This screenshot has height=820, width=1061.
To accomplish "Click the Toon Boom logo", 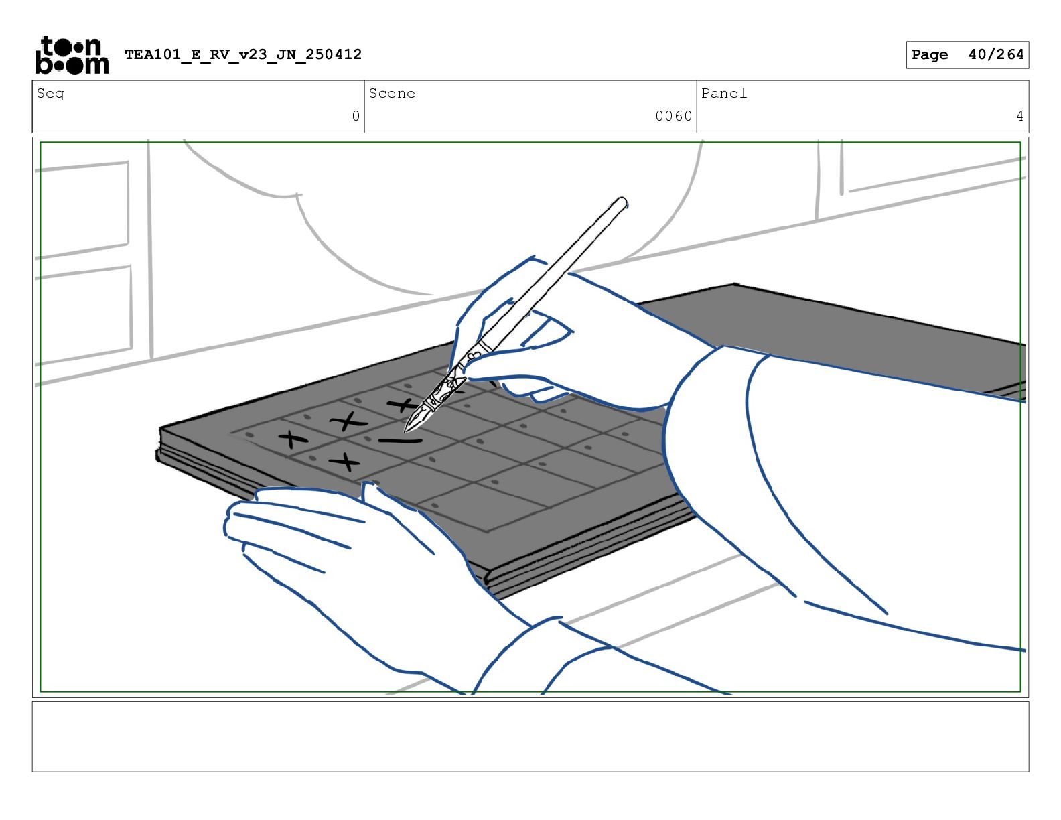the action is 72,55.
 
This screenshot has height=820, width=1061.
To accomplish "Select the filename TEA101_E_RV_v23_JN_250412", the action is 243,54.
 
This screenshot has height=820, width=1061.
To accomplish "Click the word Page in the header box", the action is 929,55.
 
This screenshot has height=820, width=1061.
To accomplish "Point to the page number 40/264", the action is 996,54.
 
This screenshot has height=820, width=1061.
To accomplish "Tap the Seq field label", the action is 50,94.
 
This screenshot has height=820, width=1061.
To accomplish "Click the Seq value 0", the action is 356,116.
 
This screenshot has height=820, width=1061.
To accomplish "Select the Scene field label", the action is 392,93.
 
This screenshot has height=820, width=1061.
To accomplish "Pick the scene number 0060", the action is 673,116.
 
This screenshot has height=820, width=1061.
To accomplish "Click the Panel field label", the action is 723,93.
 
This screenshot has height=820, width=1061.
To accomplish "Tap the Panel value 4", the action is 1019,116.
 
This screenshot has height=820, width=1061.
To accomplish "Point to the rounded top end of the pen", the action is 622,201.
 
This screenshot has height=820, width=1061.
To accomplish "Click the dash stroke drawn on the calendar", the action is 400,441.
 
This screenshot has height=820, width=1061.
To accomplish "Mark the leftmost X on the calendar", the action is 293,439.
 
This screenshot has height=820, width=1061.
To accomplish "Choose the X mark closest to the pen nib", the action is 402,405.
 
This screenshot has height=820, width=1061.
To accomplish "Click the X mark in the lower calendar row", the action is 345,462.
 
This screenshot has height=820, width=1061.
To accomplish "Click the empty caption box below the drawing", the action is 530,736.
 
